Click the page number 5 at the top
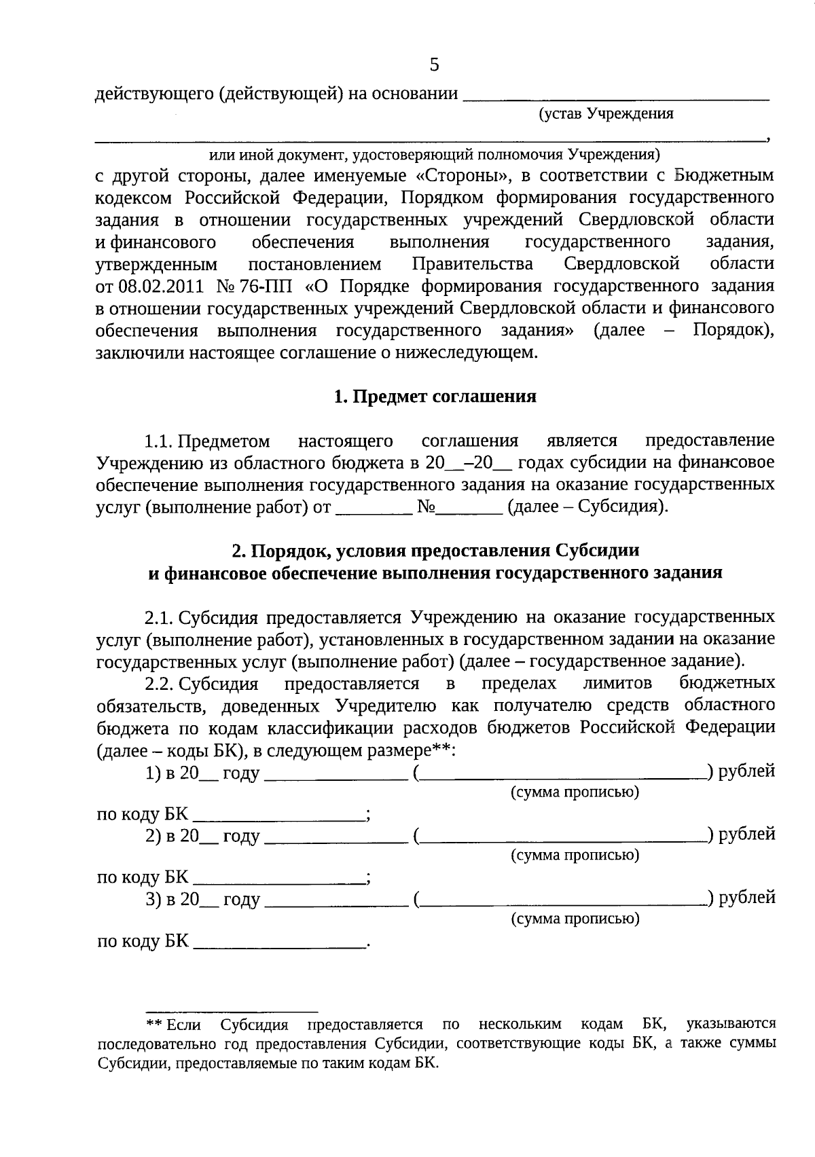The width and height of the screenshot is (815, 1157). coord(435,65)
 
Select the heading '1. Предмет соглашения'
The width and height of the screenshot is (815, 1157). coord(435,397)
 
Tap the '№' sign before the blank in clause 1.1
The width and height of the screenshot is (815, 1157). coord(427,507)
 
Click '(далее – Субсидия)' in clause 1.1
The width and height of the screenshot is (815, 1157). coord(588,507)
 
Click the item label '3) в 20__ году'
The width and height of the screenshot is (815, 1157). coord(202,899)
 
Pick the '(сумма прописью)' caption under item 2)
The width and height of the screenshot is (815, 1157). coord(575,855)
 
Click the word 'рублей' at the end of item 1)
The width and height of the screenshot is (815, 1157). coord(746,771)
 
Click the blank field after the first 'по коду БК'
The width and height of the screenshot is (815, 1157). coord(278,815)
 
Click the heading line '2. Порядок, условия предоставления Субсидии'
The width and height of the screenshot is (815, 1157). coord(435,550)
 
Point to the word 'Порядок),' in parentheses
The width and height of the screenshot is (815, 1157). coord(733,330)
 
